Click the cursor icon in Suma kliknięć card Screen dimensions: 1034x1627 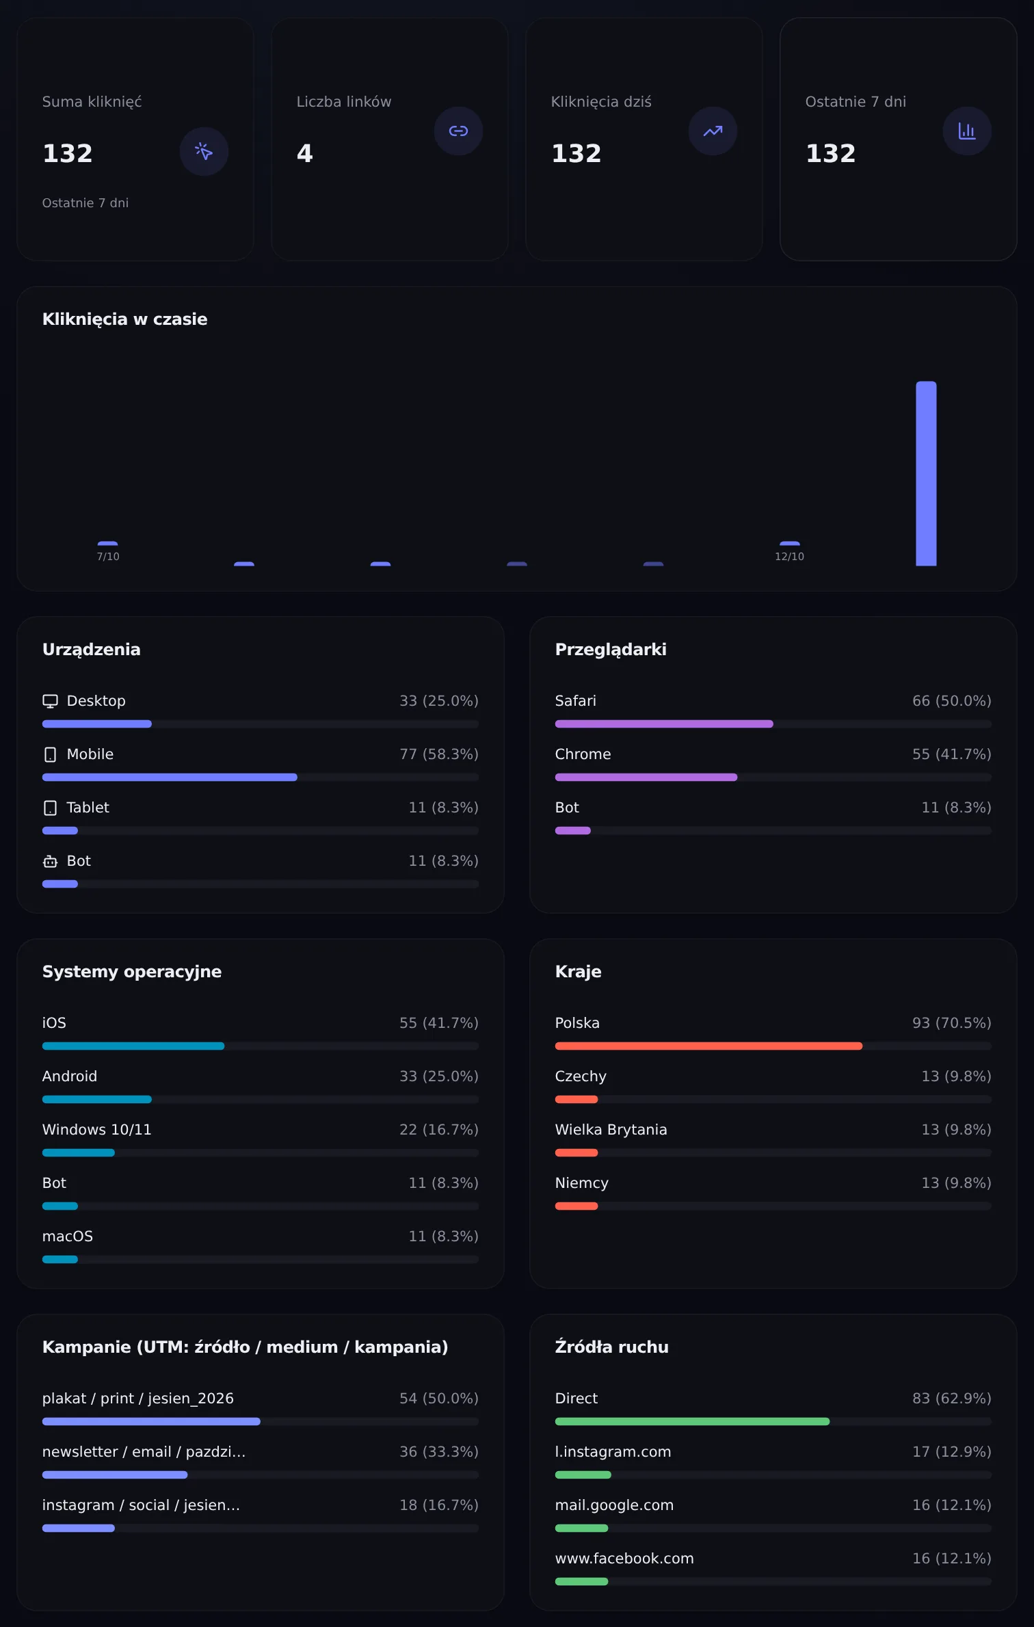(x=204, y=151)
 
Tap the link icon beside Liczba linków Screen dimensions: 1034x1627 (x=458, y=131)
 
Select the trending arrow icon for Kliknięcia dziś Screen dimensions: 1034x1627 (x=713, y=131)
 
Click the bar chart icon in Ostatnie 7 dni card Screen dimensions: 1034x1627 (x=967, y=131)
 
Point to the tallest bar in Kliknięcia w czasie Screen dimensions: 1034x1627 (x=926, y=473)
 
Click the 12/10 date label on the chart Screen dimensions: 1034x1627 (x=789, y=557)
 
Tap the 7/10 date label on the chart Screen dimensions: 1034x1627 (x=108, y=557)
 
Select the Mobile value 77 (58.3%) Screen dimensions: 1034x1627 (x=439, y=754)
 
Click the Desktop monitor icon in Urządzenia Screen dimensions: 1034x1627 (x=50, y=701)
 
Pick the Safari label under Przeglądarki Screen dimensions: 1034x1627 (x=576, y=701)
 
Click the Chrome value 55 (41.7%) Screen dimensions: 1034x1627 (x=952, y=754)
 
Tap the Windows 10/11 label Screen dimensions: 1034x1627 (x=97, y=1130)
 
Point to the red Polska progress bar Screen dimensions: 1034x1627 (x=708, y=1046)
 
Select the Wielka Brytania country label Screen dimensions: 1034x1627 (x=611, y=1130)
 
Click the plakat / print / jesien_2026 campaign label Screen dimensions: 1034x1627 (x=138, y=1399)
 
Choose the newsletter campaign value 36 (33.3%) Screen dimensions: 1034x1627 (x=439, y=1452)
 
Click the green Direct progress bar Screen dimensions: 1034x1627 (x=692, y=1422)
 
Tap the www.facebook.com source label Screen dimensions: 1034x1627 (x=624, y=1559)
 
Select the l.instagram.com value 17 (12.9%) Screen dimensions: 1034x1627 (x=952, y=1452)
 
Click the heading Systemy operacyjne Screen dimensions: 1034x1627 (x=132, y=972)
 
